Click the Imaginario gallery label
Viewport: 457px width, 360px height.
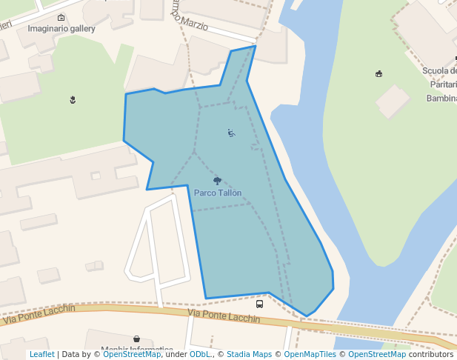(x=61, y=29)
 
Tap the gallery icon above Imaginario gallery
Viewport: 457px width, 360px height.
(x=61, y=17)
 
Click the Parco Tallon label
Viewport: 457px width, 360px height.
(x=218, y=193)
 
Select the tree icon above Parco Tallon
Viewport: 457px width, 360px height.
(x=217, y=180)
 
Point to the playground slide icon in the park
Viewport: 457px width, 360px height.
(x=231, y=133)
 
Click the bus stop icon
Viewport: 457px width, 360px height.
(x=259, y=304)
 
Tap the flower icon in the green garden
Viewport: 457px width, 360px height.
(x=73, y=99)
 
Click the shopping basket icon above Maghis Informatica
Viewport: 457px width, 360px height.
(x=136, y=339)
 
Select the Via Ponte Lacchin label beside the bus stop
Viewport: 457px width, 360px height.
(x=224, y=316)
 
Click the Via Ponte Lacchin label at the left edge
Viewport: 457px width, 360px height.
(x=39, y=315)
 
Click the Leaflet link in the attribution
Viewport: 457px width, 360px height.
(x=41, y=354)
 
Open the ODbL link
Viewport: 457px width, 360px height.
(x=200, y=354)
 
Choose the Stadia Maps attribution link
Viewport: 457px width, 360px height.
(x=249, y=354)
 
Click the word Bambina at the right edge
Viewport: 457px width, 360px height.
(x=441, y=98)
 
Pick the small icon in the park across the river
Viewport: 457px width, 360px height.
(x=379, y=73)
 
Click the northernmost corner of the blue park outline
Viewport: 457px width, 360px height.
(x=255, y=46)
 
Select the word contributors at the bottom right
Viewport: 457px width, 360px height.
(x=430, y=354)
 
